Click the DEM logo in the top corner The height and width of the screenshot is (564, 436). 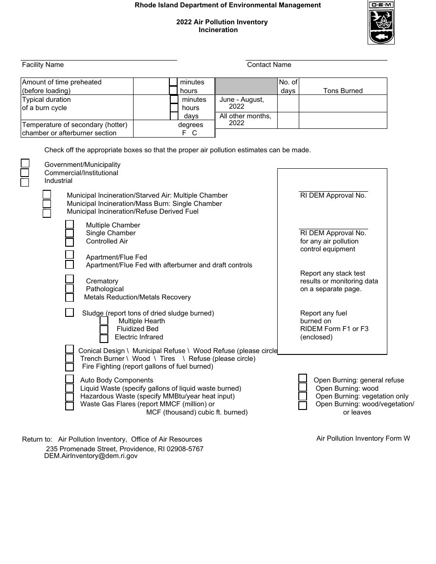pos(381,22)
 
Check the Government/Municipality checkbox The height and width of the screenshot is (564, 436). pos(25,164)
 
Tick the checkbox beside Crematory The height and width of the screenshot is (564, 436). pos(69,279)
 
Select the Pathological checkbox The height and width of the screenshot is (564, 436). pos(69,288)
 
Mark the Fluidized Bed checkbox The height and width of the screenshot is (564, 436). pos(104,329)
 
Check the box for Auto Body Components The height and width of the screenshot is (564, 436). pos(69,379)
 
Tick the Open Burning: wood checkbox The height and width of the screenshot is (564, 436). pos(303,387)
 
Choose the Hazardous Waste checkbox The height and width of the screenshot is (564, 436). pos(69,397)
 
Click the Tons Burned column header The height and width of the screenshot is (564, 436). pos(343,91)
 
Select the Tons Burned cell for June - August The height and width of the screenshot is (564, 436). pos(343,103)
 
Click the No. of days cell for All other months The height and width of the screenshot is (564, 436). pos(288,120)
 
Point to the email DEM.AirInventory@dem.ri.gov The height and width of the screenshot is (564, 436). pos(91,456)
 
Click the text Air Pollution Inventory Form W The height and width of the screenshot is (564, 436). pos(363,438)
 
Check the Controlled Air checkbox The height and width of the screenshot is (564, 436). pos(69,242)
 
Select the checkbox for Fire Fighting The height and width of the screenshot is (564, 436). pos(69,367)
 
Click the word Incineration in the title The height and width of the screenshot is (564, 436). pos(218,30)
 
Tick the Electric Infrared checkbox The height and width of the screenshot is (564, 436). pos(104,338)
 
